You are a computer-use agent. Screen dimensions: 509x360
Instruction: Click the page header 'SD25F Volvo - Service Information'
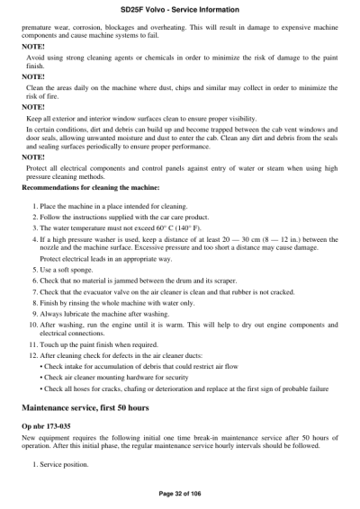[x=180, y=8]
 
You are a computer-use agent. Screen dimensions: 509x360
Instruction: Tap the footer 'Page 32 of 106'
[x=180, y=494]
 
